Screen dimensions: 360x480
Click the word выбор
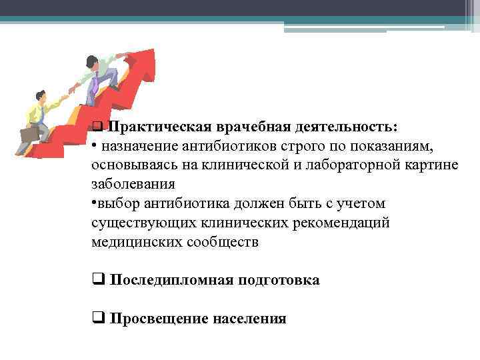119,203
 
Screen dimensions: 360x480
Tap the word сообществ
225,241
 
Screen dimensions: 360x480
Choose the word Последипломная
171,280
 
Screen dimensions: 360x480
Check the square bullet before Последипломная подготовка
97,279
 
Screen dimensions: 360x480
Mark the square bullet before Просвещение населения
97,318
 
